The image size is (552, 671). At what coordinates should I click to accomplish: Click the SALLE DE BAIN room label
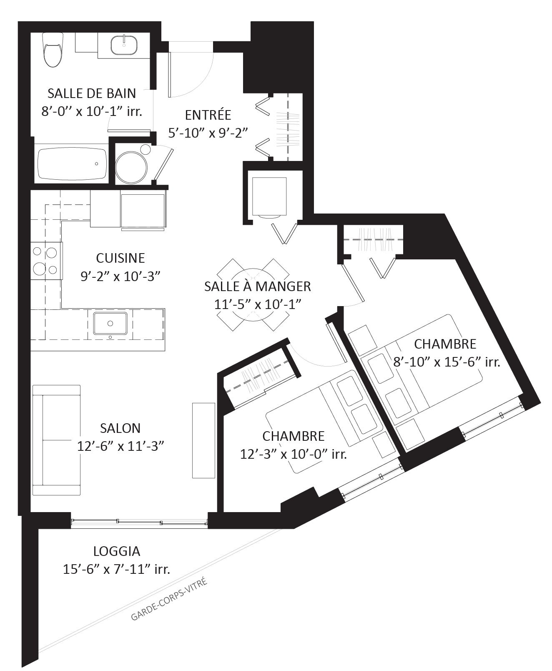[x=92, y=93]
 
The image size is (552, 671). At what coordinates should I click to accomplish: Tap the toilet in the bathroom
[x=53, y=52]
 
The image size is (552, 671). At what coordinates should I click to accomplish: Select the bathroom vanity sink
[x=124, y=45]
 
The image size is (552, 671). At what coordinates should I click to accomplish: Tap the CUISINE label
[x=120, y=258]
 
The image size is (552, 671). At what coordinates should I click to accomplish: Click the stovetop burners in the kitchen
[x=45, y=261]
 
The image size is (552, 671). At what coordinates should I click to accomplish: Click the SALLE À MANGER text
[x=258, y=286]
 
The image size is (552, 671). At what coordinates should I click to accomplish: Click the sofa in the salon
[x=56, y=440]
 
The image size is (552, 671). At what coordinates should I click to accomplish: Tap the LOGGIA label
[x=117, y=551]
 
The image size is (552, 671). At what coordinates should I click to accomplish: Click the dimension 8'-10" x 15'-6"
[x=438, y=362]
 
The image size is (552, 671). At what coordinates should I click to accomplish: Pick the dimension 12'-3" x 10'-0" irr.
[x=294, y=454]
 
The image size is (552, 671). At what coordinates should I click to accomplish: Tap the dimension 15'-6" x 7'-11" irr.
[x=117, y=569]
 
